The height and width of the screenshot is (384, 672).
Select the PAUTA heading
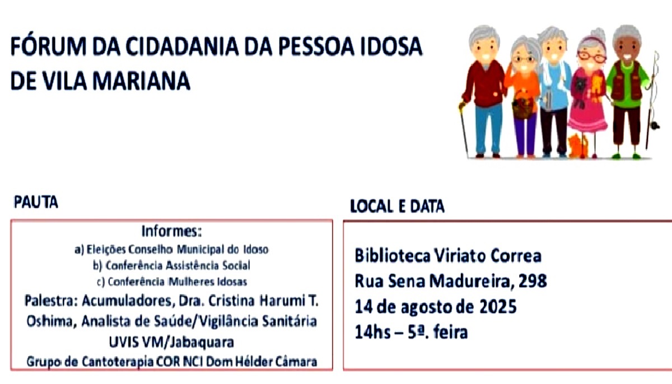coord(36,202)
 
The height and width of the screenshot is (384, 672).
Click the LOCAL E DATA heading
coord(397,206)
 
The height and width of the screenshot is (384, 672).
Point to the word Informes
coord(171,231)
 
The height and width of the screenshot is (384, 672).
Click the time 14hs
coord(372,332)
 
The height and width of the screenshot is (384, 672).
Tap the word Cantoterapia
coord(118,362)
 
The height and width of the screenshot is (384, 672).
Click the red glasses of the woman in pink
coord(592,57)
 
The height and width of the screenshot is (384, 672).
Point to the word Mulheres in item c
coord(190,282)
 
